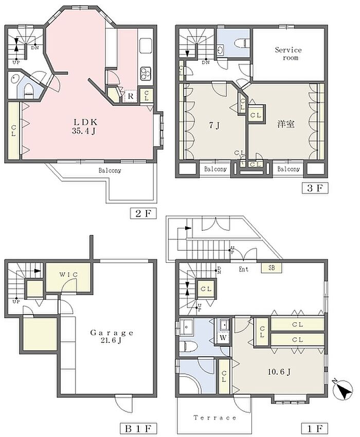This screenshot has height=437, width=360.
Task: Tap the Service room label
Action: (289, 54)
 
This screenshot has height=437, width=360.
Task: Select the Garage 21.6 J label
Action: (112, 336)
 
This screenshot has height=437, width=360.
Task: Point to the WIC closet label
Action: (68, 275)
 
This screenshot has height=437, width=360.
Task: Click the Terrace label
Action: (215, 417)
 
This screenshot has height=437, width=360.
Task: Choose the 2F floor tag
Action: (143, 213)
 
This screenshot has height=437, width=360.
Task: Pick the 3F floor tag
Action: (315, 188)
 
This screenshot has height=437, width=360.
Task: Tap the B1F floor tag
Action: (138, 428)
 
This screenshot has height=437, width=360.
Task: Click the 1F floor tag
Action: (315, 428)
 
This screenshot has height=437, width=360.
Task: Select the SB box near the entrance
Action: (272, 268)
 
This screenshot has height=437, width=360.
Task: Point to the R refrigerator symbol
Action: (130, 97)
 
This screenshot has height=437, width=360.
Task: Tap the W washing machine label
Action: (223, 337)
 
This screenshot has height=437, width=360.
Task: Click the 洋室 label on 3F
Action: (286, 124)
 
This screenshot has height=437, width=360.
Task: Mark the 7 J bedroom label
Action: (214, 125)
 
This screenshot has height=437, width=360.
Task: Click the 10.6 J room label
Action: (279, 372)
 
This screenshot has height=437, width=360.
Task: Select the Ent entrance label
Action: (243, 269)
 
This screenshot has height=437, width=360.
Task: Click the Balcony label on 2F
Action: (110, 171)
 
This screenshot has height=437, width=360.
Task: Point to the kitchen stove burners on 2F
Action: (146, 73)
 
